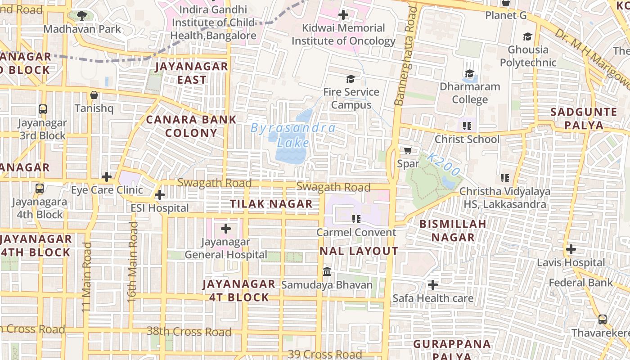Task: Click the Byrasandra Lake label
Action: pyautogui.click(x=293, y=135)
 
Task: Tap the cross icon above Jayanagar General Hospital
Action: pyautogui.click(x=226, y=229)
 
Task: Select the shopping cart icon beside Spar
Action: pyautogui.click(x=408, y=150)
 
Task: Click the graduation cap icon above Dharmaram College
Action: pyautogui.click(x=469, y=73)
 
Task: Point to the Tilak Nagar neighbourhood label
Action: pyautogui.click(x=271, y=204)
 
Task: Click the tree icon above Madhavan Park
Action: pyautogui.click(x=81, y=16)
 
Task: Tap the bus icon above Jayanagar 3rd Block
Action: pyautogui.click(x=43, y=109)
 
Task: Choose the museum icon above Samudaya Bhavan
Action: pyautogui.click(x=327, y=272)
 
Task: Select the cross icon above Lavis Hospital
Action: pyautogui.click(x=571, y=249)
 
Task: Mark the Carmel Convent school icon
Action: pyautogui.click(x=356, y=219)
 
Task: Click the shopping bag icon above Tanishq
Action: pyautogui.click(x=94, y=95)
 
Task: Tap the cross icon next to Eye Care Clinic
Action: pyautogui.click(x=107, y=177)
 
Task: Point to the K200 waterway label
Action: pyautogui.click(x=444, y=164)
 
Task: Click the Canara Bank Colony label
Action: pyautogui.click(x=191, y=126)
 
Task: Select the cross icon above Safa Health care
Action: pyautogui.click(x=432, y=285)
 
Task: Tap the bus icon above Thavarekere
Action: pyautogui.click(x=602, y=319)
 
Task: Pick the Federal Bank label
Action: pyautogui.click(x=580, y=283)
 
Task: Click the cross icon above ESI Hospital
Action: pyautogui.click(x=159, y=195)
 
